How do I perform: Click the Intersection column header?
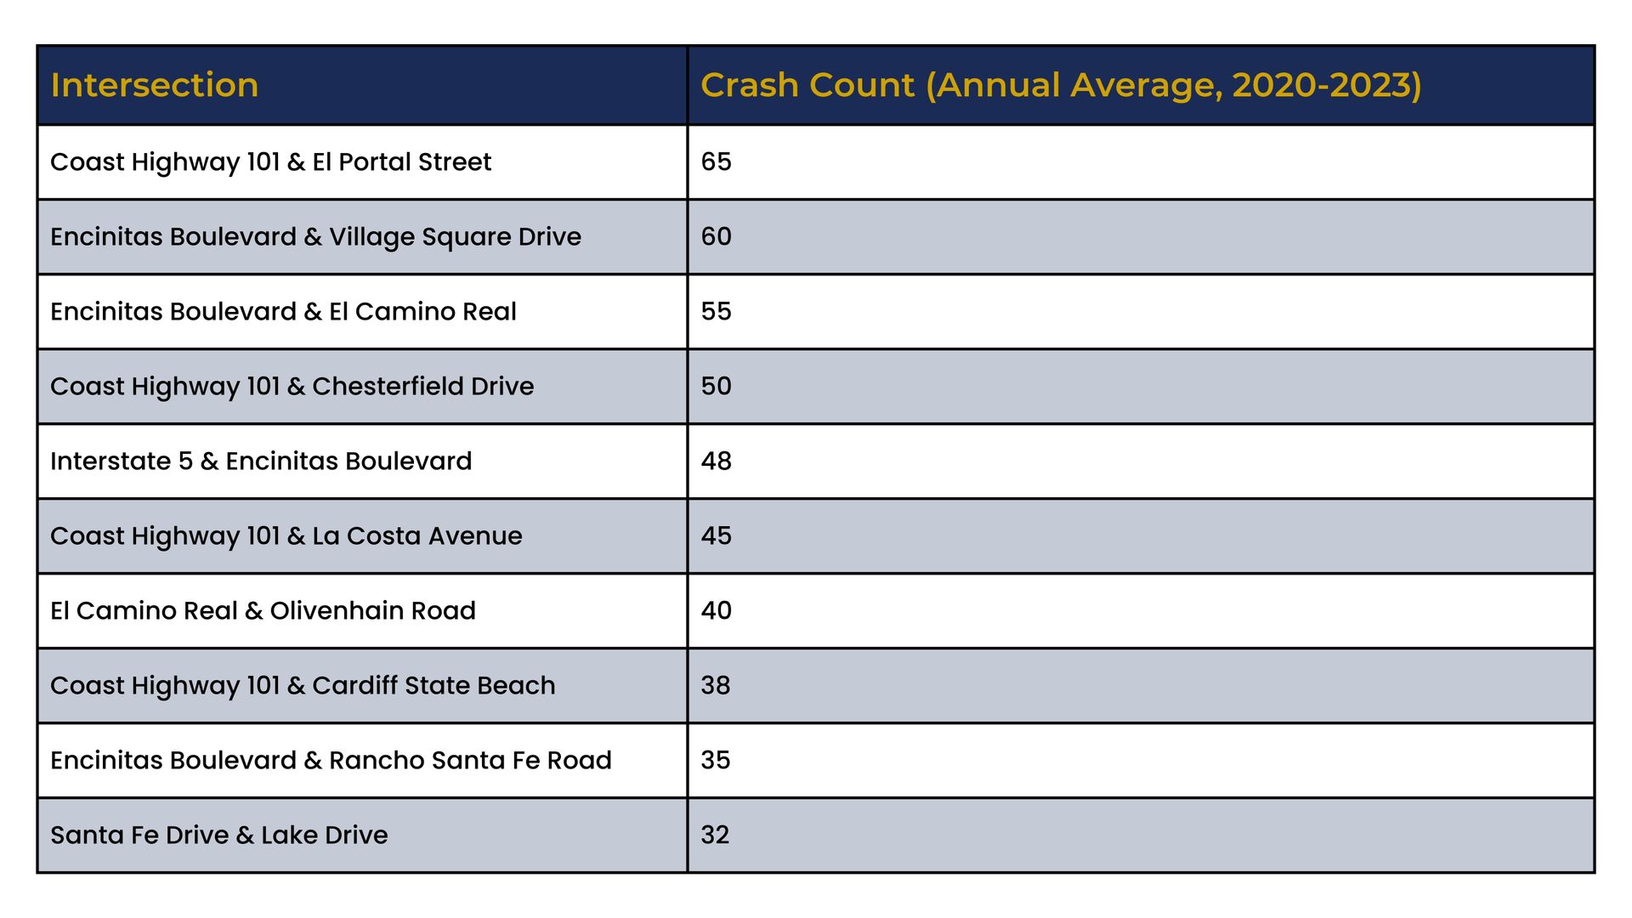click(x=154, y=85)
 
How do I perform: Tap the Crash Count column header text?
click(x=1061, y=86)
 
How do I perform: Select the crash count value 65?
click(x=716, y=161)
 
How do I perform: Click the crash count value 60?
click(x=716, y=236)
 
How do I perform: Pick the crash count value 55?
click(x=716, y=311)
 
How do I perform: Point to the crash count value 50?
click(x=716, y=386)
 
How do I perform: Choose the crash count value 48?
click(x=716, y=461)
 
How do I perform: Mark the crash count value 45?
click(x=716, y=535)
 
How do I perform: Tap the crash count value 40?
click(x=716, y=610)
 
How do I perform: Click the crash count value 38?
click(x=716, y=685)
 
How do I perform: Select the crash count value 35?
click(x=716, y=760)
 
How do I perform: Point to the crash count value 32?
click(x=716, y=835)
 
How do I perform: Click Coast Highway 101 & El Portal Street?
click(x=270, y=162)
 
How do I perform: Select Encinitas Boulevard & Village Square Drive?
click(x=315, y=237)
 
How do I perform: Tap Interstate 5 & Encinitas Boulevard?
click(x=261, y=461)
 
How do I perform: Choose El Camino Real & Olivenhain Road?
click(x=263, y=610)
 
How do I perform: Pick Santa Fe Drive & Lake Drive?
click(x=219, y=835)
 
